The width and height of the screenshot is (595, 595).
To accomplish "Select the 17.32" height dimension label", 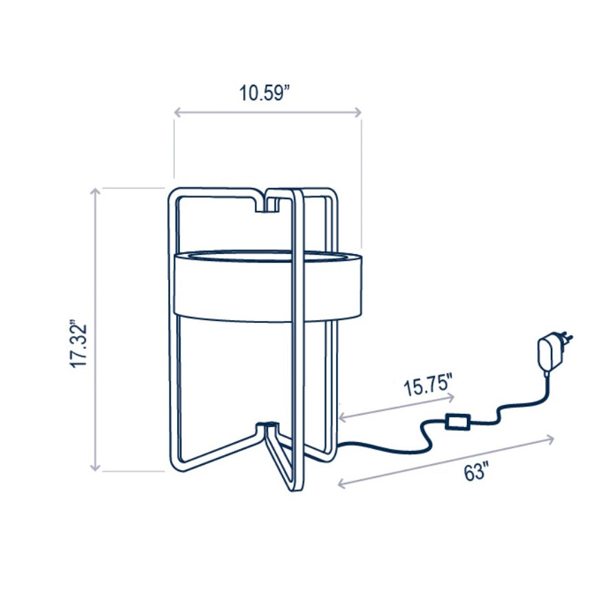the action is tap(79, 346).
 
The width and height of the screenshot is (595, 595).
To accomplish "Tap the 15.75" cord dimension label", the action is tap(428, 385).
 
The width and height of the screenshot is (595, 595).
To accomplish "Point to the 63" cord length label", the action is tap(476, 472).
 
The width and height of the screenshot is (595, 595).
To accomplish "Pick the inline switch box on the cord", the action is tap(458, 421).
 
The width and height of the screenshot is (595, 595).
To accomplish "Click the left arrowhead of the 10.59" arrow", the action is tap(177, 112).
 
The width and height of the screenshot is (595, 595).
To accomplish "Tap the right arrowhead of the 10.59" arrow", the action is tap(357, 112).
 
